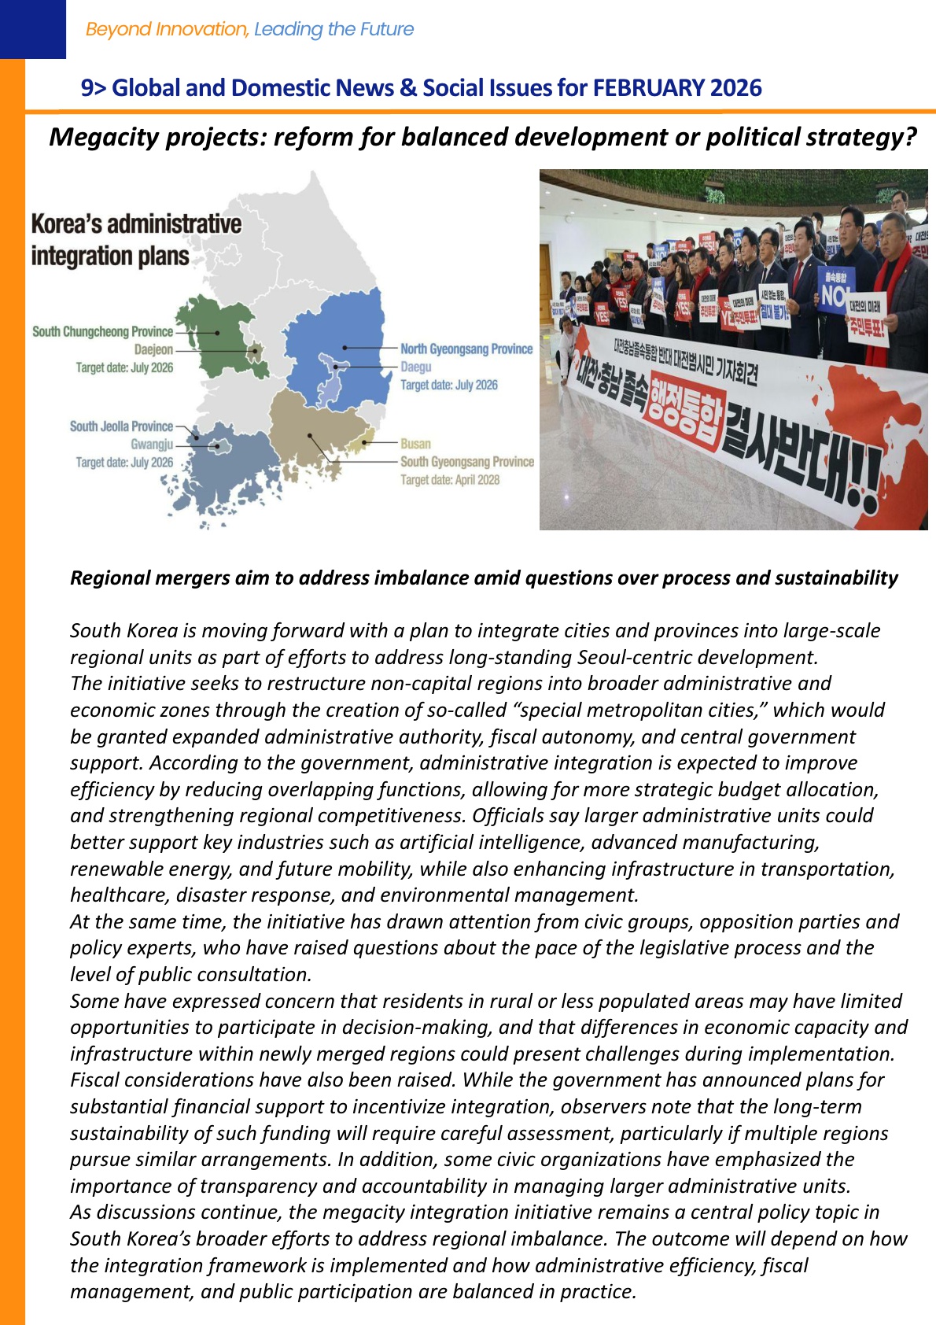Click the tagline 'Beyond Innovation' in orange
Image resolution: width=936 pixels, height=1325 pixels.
click(167, 29)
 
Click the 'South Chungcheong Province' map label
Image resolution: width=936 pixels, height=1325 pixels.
click(102, 332)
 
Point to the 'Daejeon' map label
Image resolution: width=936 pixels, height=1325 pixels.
click(153, 349)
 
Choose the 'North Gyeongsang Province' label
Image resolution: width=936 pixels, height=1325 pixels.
click(466, 349)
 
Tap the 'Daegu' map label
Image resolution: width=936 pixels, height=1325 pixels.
click(416, 367)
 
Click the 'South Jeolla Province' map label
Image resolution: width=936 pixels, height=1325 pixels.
click(121, 426)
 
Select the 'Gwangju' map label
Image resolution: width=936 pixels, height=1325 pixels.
click(152, 445)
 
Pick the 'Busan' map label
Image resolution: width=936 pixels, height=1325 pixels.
click(415, 444)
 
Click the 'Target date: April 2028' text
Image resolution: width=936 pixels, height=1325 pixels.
click(450, 480)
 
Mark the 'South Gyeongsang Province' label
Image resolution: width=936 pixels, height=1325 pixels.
click(467, 462)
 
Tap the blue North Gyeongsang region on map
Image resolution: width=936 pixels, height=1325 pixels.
click(346, 330)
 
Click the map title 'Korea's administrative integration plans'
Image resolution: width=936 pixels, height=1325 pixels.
click(136, 240)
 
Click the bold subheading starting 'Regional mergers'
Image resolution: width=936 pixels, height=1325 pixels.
click(484, 578)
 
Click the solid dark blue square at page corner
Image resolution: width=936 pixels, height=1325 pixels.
click(33, 29)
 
